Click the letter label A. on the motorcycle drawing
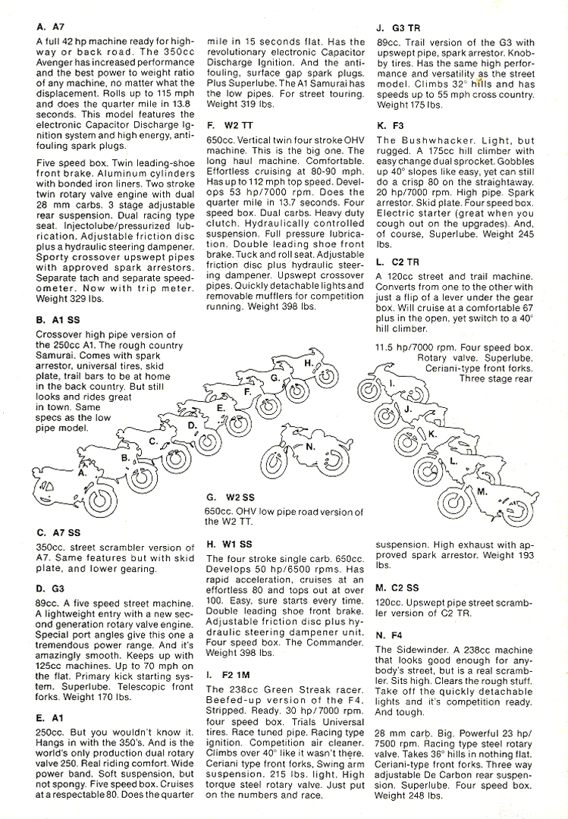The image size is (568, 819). [x=83, y=472]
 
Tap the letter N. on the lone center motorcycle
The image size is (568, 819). [x=309, y=447]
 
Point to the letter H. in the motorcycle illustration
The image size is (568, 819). [x=309, y=363]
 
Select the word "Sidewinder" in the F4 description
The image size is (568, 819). [x=425, y=650]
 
